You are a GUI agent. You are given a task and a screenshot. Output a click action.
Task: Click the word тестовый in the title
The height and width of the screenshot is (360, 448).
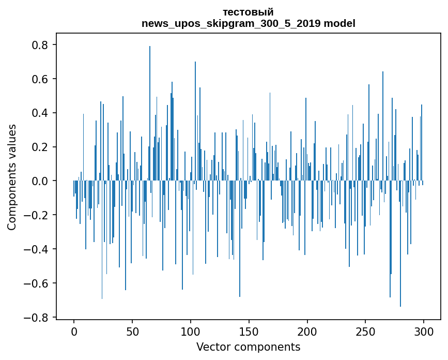coord(248,12)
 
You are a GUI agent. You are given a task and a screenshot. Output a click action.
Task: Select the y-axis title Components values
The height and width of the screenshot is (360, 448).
coord(12,177)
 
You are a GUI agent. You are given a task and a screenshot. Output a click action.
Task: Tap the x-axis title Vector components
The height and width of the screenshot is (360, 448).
coord(248,347)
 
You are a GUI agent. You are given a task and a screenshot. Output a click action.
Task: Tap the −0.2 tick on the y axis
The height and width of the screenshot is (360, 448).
coord(38,215)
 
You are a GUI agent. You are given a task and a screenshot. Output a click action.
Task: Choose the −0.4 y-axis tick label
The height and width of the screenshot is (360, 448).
coord(38,249)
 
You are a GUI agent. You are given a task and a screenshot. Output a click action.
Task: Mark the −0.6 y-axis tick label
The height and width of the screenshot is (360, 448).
coord(38,283)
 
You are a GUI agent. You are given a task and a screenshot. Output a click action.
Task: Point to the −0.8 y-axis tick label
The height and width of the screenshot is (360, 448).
coord(38,318)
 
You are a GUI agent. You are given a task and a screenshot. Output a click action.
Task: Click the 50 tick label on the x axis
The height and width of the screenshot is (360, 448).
coord(132,331)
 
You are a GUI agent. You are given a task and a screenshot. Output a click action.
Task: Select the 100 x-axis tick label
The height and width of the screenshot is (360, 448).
coord(191,331)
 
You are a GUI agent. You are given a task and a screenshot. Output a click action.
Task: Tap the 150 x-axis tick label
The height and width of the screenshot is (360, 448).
coord(249,331)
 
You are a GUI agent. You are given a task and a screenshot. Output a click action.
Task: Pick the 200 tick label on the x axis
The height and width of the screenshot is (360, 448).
coord(307,331)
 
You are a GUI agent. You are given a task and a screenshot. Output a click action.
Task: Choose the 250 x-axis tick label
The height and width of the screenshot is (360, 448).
coord(365,331)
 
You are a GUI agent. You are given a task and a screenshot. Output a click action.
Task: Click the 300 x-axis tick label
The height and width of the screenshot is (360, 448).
coord(424,331)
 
